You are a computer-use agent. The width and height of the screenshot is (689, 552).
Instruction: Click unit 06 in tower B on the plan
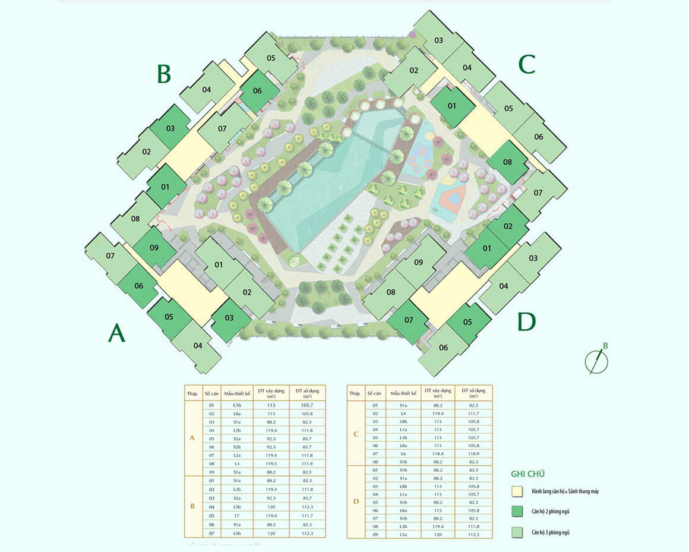(257, 91)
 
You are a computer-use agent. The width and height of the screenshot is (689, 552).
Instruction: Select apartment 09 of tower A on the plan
(154, 247)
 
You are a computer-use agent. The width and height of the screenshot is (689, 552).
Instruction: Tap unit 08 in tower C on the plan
(507, 162)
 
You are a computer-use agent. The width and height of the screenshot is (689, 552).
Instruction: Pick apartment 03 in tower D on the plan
(533, 258)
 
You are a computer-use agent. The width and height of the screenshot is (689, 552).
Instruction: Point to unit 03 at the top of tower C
(438, 40)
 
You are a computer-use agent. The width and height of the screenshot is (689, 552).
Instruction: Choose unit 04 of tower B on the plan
(206, 90)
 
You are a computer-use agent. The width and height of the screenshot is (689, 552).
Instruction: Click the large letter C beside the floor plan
(527, 64)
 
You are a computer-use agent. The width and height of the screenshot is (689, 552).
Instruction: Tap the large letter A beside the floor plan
(116, 333)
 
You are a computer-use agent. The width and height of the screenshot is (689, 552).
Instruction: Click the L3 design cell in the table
(237, 463)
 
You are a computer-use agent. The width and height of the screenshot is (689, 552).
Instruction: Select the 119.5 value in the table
(271, 463)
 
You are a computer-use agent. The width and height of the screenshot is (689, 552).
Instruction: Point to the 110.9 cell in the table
(473, 453)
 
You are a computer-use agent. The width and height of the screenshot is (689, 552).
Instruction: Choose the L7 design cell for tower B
(237, 515)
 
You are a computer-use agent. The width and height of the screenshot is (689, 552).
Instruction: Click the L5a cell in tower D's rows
(403, 534)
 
